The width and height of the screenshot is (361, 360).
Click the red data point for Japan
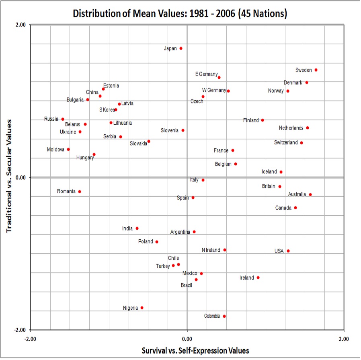(x=181, y=48)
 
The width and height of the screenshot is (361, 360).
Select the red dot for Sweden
(x=316, y=70)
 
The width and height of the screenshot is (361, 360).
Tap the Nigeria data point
(x=142, y=308)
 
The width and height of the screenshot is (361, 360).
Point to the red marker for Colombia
(x=224, y=316)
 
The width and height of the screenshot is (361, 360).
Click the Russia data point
(x=63, y=119)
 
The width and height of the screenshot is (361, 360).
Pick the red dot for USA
(x=288, y=251)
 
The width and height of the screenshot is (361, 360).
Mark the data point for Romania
(x=80, y=191)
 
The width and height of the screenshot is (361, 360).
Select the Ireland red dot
(x=258, y=278)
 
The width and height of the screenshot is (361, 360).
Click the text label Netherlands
(x=291, y=128)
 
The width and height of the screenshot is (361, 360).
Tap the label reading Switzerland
(x=286, y=142)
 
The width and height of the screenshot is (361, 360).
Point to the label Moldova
(x=55, y=149)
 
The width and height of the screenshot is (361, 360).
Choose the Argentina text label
(x=180, y=232)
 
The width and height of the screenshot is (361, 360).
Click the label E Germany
(x=206, y=74)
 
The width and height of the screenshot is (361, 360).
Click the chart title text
(x=180, y=13)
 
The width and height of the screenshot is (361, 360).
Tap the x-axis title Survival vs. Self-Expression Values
(x=195, y=350)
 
